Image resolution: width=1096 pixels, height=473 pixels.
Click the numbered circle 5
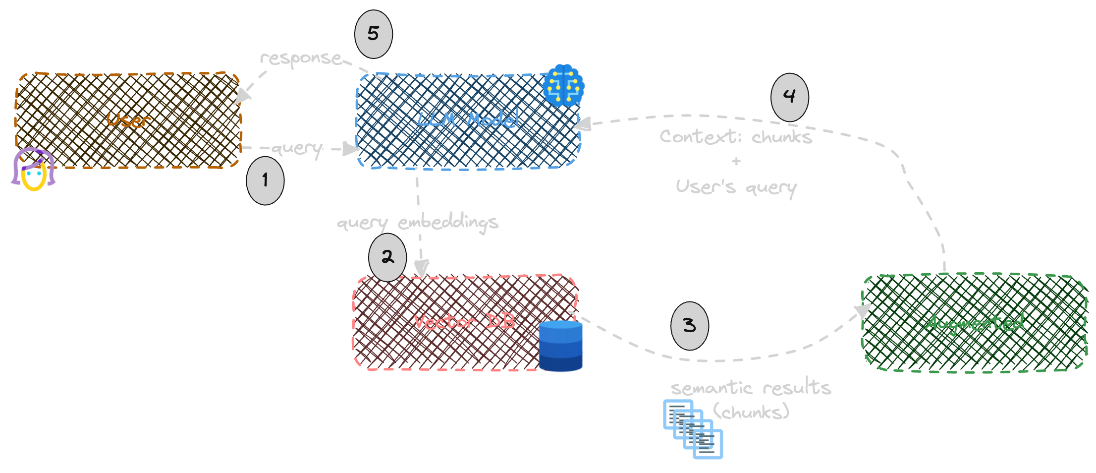374,34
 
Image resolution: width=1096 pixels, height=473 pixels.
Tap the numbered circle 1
265,180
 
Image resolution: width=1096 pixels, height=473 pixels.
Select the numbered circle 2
387,257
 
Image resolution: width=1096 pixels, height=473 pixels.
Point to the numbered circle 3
690,326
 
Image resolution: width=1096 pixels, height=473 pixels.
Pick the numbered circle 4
789,97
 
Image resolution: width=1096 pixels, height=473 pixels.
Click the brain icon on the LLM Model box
563,86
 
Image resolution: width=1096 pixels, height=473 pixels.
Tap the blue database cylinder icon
560,346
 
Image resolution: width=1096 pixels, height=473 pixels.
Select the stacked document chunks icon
693,429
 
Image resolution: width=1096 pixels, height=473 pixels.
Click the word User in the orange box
128,120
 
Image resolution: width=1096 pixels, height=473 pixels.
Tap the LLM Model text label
468,119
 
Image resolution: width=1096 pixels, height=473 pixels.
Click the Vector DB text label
464,322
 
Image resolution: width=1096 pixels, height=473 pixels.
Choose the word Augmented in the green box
974,323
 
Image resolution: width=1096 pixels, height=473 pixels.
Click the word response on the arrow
301,59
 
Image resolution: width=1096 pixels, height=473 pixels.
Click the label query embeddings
418,222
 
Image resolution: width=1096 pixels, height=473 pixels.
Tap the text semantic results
751,387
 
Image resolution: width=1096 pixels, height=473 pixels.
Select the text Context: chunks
736,136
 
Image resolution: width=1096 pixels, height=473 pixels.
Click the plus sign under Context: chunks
736,161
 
